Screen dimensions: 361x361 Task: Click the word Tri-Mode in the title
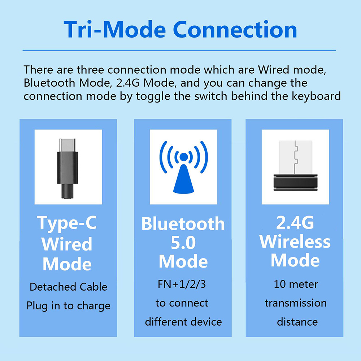point(115,30)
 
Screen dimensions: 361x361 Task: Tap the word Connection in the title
point(235,30)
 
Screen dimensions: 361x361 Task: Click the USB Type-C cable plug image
point(68,168)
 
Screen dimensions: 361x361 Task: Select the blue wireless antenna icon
point(183,167)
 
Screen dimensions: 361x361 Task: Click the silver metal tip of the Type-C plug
point(67,145)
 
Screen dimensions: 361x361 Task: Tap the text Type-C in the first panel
point(67,223)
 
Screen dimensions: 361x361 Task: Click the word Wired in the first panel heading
point(67,244)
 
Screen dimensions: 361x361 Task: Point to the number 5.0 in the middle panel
point(183,243)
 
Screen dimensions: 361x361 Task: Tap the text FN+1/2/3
point(182,284)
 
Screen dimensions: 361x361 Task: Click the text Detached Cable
point(68,287)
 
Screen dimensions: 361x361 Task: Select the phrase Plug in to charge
point(68,306)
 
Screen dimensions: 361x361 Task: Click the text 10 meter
point(296,284)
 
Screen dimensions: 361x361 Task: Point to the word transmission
point(296,303)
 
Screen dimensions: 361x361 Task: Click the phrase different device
point(183,322)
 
